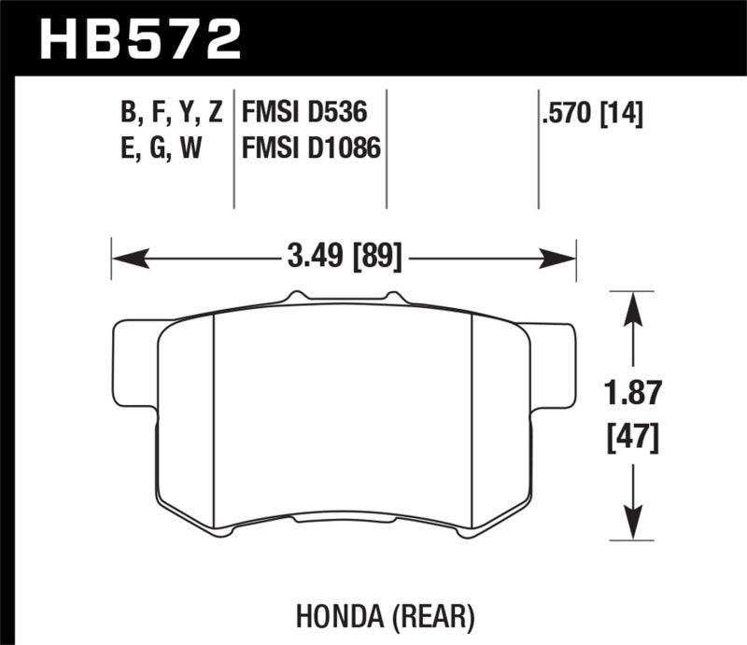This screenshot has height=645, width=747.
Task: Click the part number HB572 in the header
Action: point(140,40)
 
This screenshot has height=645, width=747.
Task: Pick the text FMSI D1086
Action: point(312,147)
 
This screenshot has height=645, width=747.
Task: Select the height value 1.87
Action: point(635,393)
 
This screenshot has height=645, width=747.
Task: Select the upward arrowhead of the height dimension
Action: point(635,304)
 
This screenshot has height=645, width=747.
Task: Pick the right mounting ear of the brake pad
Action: point(551,364)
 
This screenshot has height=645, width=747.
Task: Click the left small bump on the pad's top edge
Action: point(297,296)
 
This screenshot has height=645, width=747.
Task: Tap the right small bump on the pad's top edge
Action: point(393,296)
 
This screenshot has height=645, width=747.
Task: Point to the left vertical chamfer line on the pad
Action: point(216,420)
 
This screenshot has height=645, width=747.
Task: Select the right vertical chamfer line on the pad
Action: point(473,420)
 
